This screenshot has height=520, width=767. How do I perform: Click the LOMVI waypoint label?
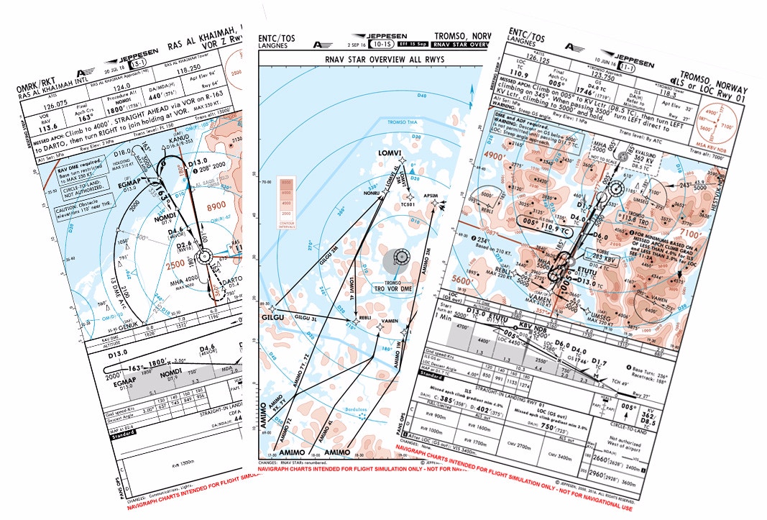(387, 154)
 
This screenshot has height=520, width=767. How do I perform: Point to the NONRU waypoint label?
(372, 194)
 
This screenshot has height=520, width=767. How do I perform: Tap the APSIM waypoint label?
(431, 194)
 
